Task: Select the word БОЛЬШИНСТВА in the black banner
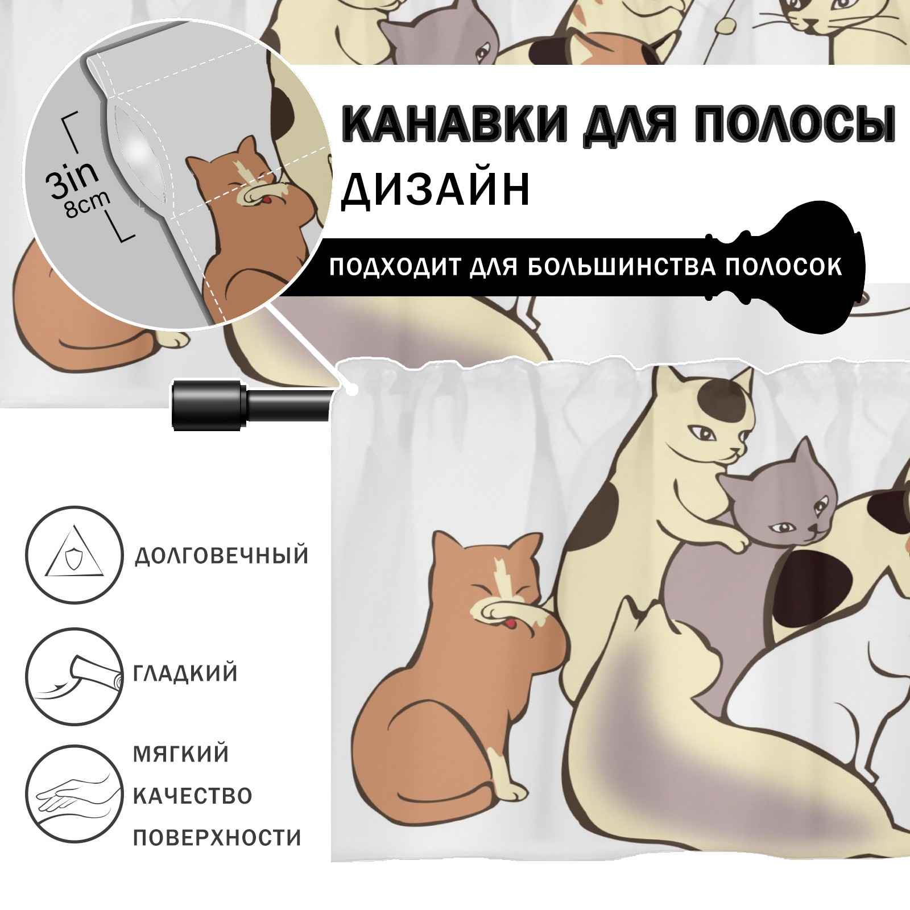click(622, 267)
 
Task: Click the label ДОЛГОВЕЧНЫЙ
click(222, 556)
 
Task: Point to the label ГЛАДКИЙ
click(185, 673)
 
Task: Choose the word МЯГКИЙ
click(181, 754)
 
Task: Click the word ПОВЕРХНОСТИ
click(217, 837)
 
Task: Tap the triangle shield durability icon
click(74, 555)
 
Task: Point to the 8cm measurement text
click(87, 204)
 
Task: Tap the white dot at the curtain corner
click(353, 390)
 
